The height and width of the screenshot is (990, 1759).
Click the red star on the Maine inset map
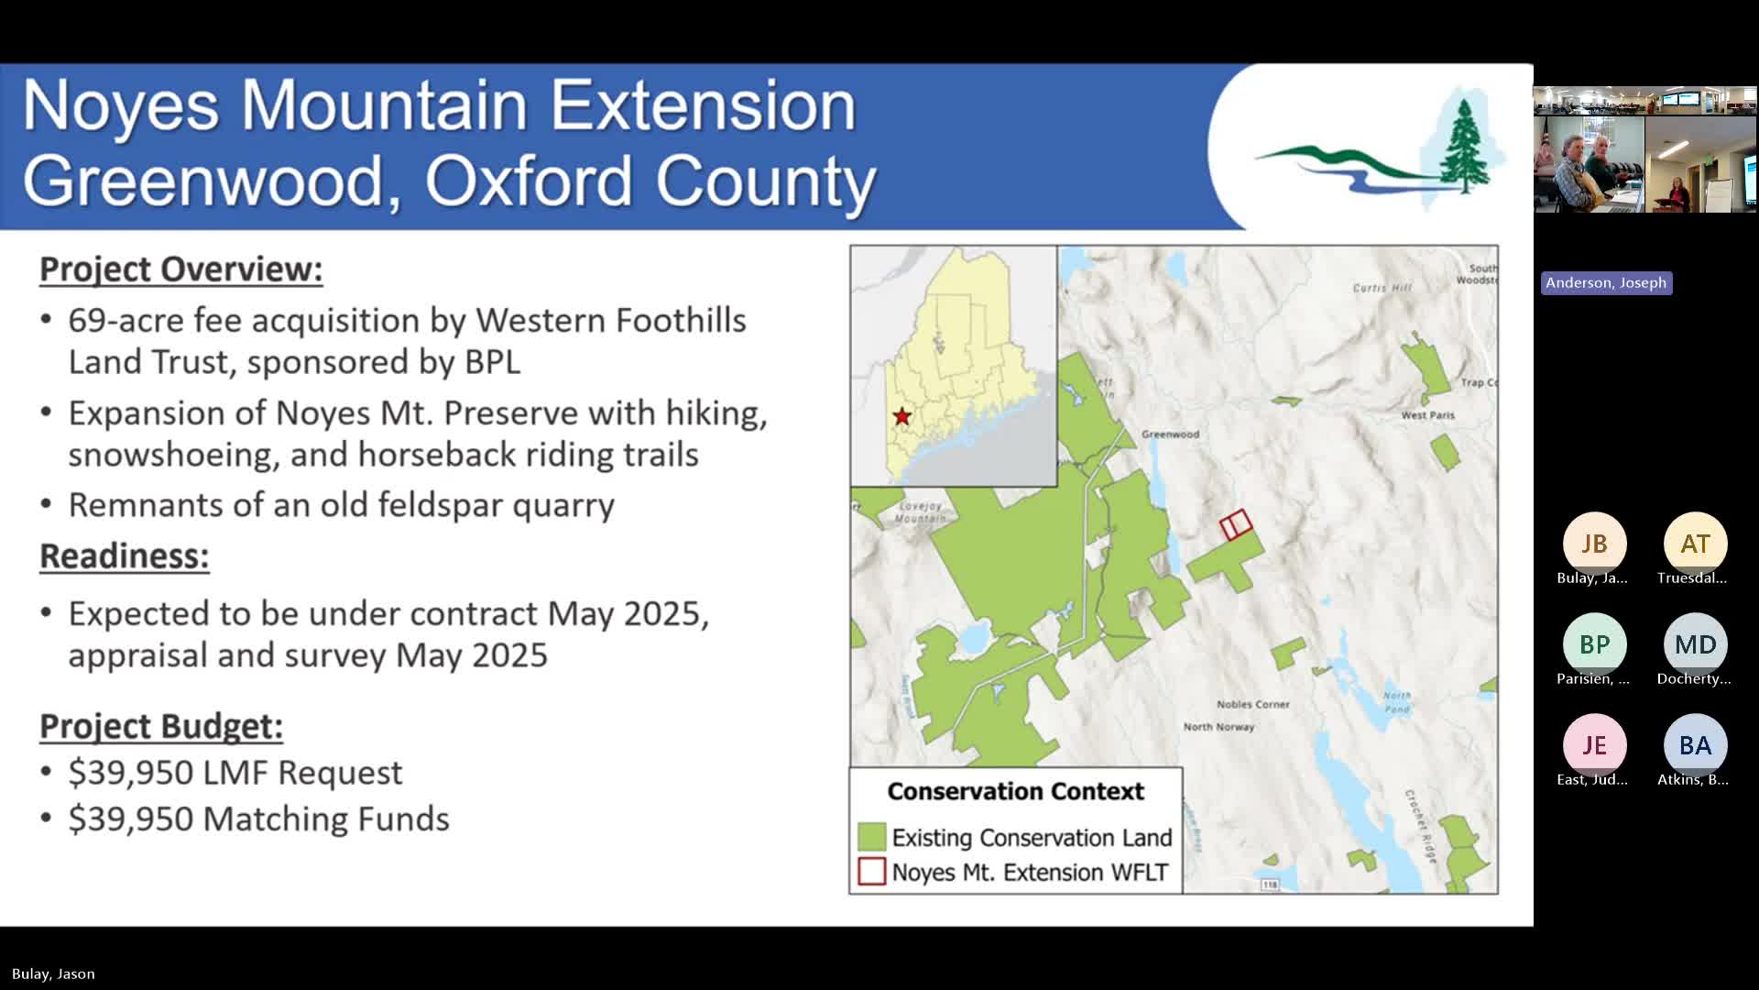pos(901,417)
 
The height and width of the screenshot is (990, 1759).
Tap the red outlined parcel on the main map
pos(1235,524)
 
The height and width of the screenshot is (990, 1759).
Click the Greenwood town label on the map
pos(1170,434)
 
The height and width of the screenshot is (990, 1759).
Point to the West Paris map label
pos(1427,415)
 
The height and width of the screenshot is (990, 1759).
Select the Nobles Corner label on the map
pos(1252,704)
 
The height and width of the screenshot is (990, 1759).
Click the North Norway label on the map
pos(1218,727)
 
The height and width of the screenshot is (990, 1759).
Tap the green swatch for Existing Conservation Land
pos(871,837)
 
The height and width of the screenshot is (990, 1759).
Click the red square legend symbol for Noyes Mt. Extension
pos(871,872)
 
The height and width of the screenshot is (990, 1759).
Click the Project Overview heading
pos(180,269)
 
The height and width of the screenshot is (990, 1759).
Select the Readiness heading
pos(124,556)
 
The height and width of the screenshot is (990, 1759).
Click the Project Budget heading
pos(160,726)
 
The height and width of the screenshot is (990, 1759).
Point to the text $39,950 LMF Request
pos(235,773)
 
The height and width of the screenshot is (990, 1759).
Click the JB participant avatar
pos(1594,544)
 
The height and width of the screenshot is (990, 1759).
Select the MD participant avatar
pos(1695,644)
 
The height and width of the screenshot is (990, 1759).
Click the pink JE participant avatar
pos(1594,745)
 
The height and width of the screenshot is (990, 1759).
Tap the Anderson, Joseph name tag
pos(1606,283)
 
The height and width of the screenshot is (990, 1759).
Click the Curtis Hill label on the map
pos(1382,288)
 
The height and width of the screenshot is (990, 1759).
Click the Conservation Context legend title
pos(1015,791)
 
